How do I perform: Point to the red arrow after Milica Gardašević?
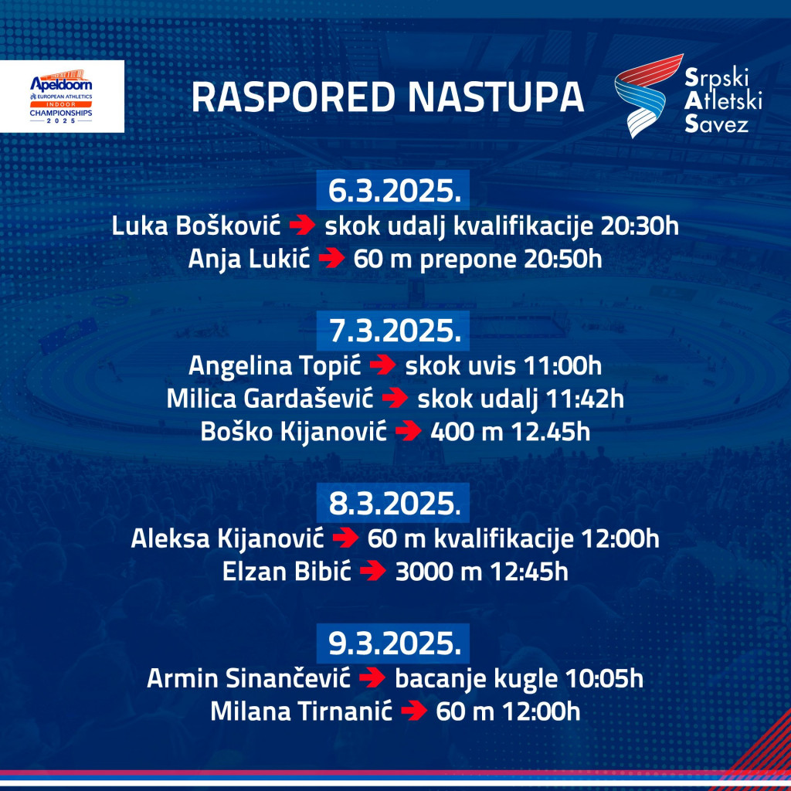point(395,399)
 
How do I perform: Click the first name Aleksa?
point(166,538)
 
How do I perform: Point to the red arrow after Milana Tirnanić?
point(414,712)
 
